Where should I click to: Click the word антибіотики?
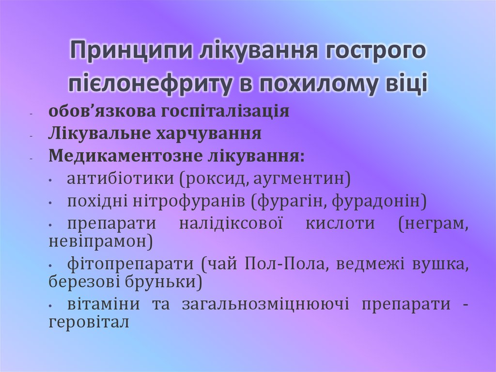pos(121,179)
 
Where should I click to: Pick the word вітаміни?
pos(104,305)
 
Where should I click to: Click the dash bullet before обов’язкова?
pos(31,114)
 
